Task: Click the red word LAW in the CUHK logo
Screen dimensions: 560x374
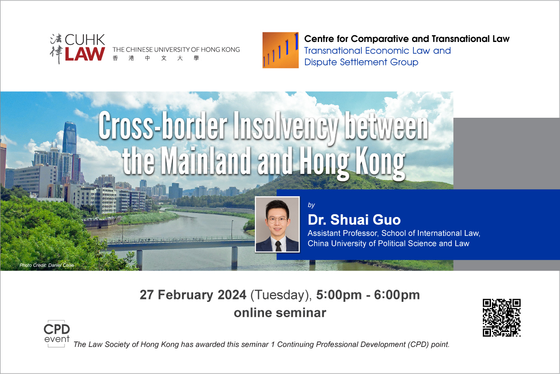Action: pos(85,54)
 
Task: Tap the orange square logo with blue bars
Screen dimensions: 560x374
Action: pos(281,50)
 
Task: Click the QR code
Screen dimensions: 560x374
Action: pos(501,318)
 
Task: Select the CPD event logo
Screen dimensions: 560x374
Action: pos(57,333)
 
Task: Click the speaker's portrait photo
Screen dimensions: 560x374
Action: pos(277,224)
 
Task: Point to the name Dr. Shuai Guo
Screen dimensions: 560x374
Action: pos(354,220)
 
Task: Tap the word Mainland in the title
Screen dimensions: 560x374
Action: pos(205,161)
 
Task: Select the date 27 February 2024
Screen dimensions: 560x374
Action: pos(193,295)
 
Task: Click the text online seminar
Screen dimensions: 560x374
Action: pos(280,313)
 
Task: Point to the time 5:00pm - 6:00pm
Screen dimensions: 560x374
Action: pos(368,295)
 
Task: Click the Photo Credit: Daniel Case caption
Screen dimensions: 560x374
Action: pos(47,265)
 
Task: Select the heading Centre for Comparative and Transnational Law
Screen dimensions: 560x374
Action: pos(407,39)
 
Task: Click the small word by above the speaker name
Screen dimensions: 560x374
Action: pos(311,205)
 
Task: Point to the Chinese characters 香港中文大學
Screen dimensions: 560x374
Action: pos(156,58)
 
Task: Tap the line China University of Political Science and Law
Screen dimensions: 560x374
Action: pos(388,243)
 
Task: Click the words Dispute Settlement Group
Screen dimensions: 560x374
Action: pos(361,62)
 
